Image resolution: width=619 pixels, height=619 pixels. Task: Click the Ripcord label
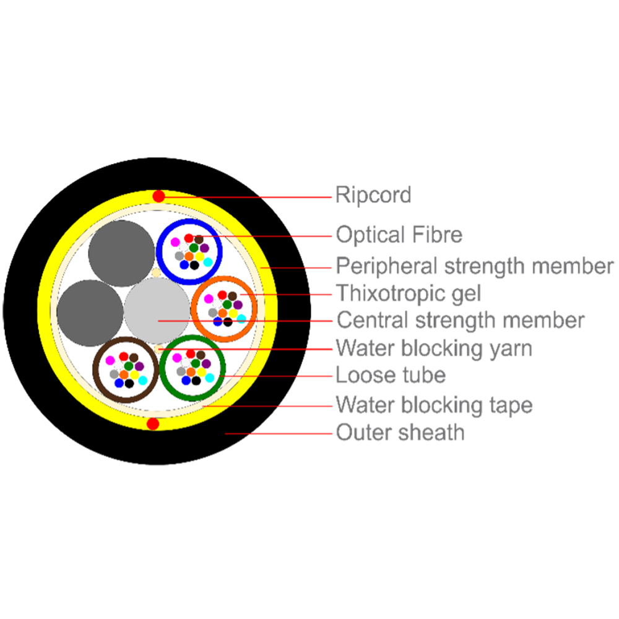tap(373, 196)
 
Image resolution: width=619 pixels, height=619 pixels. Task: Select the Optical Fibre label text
tap(399, 235)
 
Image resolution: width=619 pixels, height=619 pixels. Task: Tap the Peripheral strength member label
tap(475, 266)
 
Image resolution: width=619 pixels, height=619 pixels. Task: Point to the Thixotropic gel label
tap(409, 293)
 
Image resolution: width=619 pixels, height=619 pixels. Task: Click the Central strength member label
tap(461, 320)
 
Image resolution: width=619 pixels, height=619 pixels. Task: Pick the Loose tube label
tap(391, 374)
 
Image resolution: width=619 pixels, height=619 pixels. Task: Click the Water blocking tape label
tap(435, 405)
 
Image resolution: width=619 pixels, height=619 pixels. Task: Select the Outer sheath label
tap(400, 432)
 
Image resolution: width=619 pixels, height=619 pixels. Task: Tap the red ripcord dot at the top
tap(158, 196)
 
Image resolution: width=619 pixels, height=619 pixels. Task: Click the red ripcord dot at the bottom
tap(153, 424)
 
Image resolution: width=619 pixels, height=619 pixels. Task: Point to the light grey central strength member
tap(157, 310)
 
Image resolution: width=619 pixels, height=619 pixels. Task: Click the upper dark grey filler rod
tap(121, 253)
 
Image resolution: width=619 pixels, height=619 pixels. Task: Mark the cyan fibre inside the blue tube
tap(208, 262)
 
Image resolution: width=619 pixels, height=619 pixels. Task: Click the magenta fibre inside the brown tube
tap(110, 360)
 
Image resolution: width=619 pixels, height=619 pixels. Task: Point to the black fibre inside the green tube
tap(196, 381)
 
